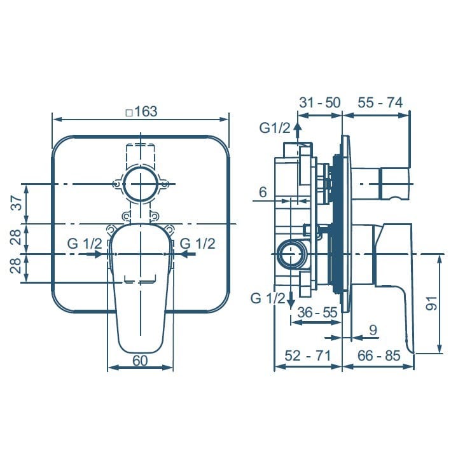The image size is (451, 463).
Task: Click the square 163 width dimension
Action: [141, 112]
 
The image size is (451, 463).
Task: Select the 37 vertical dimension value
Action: [18, 204]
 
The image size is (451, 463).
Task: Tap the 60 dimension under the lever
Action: [140, 360]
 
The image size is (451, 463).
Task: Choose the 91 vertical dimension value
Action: [431, 304]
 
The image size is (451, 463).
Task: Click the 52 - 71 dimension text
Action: [308, 356]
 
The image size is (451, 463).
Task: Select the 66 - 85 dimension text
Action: [379, 356]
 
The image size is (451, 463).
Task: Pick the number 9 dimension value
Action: [373, 330]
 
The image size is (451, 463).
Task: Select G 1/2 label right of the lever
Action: [198, 244]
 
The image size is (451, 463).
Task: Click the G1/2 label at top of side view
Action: [275, 127]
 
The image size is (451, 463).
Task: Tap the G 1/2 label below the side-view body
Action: [267, 298]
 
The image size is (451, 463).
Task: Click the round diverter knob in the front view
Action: [140, 185]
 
